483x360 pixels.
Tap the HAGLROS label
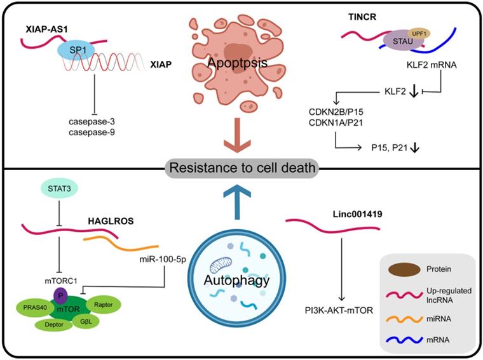click(112, 222)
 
